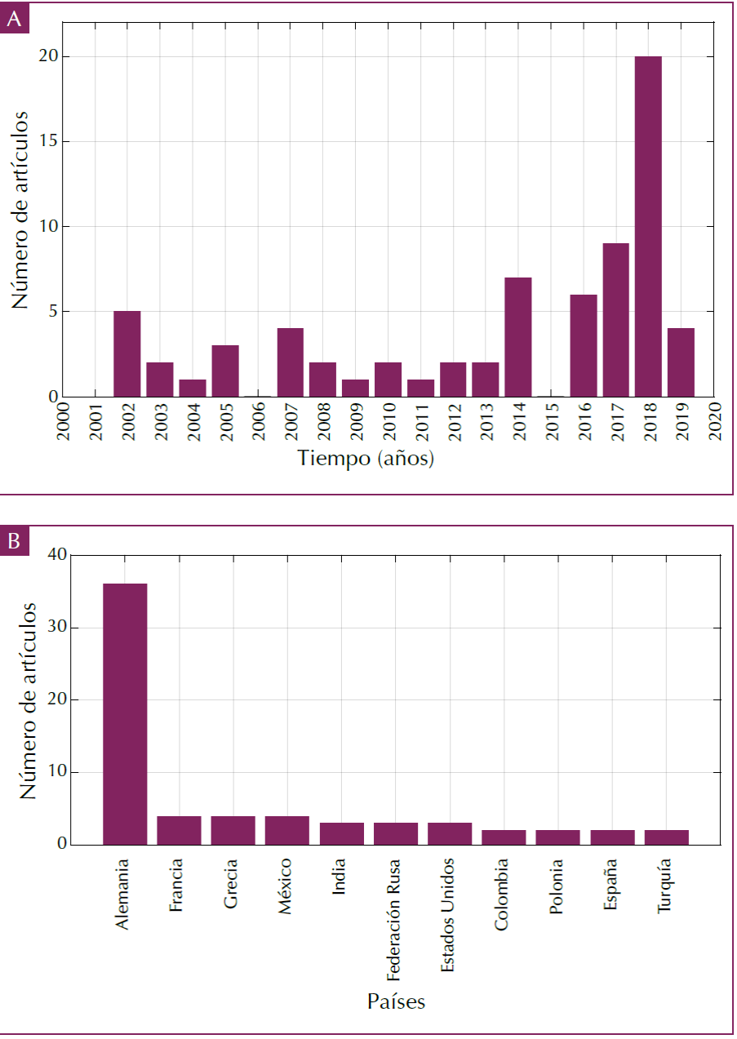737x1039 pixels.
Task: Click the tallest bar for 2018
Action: click(x=648, y=226)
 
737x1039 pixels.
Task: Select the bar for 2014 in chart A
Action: click(x=518, y=337)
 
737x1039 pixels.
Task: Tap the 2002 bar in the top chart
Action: click(x=127, y=353)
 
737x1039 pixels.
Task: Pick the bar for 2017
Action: click(x=615, y=320)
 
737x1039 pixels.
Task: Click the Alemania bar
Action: click(x=125, y=714)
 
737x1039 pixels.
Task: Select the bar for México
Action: click(x=287, y=830)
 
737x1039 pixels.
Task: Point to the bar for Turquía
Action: click(x=666, y=837)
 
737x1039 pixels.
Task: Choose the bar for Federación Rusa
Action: click(x=396, y=833)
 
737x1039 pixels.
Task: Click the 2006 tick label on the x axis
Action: click(x=258, y=420)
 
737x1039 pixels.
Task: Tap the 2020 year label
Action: click(x=713, y=420)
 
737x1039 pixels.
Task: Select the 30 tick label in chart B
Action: click(x=55, y=628)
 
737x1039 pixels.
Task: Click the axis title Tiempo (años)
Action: click(x=366, y=459)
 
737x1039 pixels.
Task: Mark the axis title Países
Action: click(x=396, y=1001)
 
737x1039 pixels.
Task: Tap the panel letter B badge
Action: click(x=15, y=541)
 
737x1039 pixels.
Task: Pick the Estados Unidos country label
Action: click(x=449, y=915)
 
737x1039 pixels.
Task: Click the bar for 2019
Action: click(x=681, y=362)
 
